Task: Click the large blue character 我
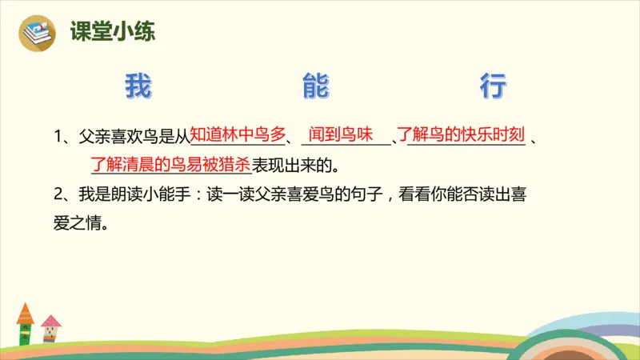coord(138,86)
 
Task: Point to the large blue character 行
coord(494,86)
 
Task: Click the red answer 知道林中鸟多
coord(238,134)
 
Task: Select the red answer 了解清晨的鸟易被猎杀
coord(170,165)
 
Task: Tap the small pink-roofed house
coord(50,327)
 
